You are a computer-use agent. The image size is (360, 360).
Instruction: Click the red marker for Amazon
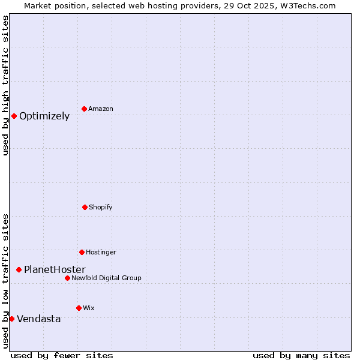click(x=84, y=109)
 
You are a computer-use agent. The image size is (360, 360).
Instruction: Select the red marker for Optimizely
click(x=14, y=116)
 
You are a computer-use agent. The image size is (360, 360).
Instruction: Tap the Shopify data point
click(x=85, y=207)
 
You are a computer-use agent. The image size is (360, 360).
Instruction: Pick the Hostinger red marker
click(x=82, y=252)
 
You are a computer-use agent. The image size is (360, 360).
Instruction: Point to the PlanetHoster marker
click(x=19, y=269)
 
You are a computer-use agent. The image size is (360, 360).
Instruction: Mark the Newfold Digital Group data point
click(x=67, y=278)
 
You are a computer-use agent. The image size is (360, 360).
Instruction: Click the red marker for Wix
click(x=79, y=308)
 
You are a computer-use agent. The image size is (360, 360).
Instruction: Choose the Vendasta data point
click(x=11, y=319)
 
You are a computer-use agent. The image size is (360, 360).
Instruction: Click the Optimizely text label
click(x=44, y=116)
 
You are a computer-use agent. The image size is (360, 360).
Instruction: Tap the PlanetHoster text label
click(x=55, y=270)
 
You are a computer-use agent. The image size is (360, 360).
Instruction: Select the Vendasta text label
click(x=39, y=319)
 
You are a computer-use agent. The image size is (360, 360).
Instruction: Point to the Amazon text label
click(x=101, y=109)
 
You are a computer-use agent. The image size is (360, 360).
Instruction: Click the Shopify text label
click(x=101, y=208)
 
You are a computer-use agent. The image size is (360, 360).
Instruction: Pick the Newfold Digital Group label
click(x=107, y=278)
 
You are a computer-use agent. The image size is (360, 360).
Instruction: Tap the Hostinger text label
click(x=101, y=253)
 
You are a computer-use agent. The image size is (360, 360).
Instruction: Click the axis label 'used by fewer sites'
click(x=62, y=355)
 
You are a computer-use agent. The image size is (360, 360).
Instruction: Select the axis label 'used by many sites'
click(x=301, y=355)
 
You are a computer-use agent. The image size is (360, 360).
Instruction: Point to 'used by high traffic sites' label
click(x=5, y=85)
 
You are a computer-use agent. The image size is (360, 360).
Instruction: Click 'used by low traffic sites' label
click(x=5, y=280)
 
